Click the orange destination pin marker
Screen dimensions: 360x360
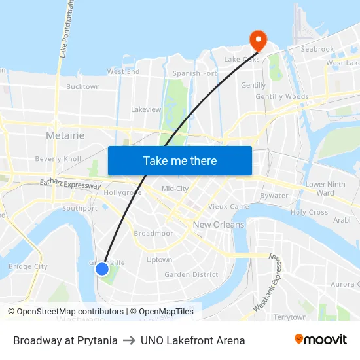tap(258, 41)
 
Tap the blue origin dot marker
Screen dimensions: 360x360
tap(102, 268)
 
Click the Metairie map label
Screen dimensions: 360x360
tap(65, 135)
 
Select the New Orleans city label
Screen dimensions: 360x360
tap(218, 225)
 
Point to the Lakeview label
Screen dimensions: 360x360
tap(146, 109)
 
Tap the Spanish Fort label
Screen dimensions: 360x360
tap(194, 73)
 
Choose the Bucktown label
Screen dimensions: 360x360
tap(83, 86)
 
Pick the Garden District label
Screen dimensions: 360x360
tap(191, 275)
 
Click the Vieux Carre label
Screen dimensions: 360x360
tap(228, 206)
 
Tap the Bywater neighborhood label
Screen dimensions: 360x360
tap(274, 196)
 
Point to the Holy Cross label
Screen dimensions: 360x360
tap(309, 213)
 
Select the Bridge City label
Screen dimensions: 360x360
tap(27, 266)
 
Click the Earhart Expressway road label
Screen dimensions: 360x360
tap(70, 185)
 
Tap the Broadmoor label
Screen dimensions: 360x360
tap(153, 233)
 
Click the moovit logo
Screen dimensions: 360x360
tap(320, 340)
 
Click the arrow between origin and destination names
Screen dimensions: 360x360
tap(129, 340)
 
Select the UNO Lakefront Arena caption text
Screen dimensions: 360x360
tap(192, 340)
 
